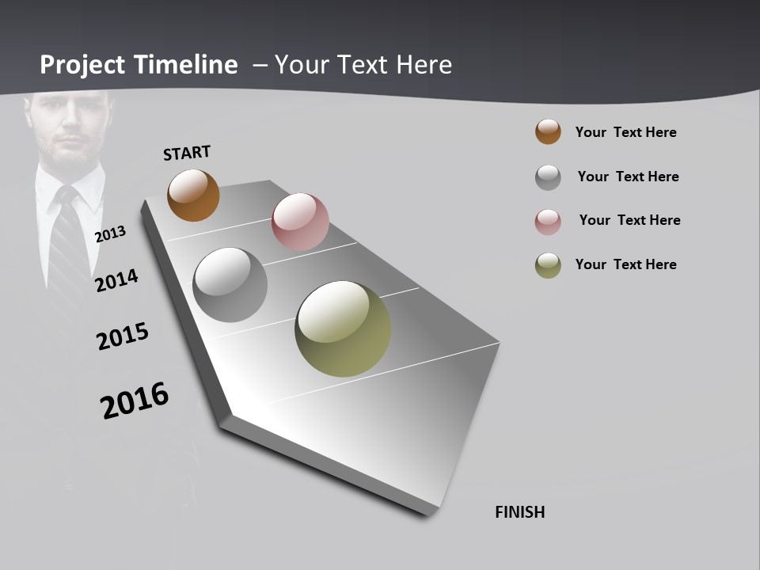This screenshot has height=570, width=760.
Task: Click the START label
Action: point(187,153)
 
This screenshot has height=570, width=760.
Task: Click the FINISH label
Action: point(520,512)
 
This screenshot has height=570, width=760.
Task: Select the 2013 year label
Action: point(111,234)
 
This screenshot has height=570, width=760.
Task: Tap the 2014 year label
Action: point(117,280)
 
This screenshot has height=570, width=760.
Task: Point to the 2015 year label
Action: point(123,336)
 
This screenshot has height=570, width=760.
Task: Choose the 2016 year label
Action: point(135,401)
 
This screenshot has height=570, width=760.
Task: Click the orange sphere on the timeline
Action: point(193,195)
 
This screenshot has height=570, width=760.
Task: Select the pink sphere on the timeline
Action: point(300,222)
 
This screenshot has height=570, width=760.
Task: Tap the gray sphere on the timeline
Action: point(230,285)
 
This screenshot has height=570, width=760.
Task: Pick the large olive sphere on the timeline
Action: point(343,329)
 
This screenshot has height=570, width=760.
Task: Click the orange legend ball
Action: point(548,131)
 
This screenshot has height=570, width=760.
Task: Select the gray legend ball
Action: point(548,177)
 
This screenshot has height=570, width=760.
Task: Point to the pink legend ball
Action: point(548,222)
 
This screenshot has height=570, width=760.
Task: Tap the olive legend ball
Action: point(548,265)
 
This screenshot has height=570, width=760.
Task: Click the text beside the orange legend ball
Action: point(625,132)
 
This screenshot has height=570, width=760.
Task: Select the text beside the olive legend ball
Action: point(625,264)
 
